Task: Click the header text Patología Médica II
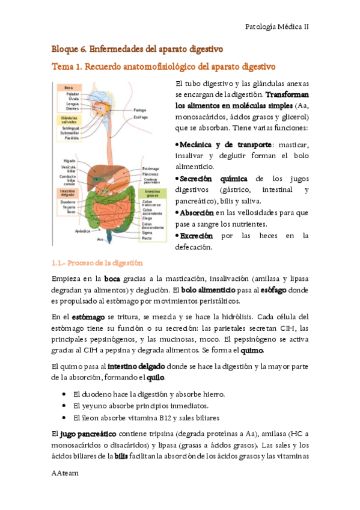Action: tap(278, 26)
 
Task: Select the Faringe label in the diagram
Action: tap(140, 110)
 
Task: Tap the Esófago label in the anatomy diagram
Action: tap(141, 117)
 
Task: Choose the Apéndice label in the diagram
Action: tap(82, 230)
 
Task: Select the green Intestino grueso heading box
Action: tap(153, 194)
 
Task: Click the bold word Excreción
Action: tap(196, 236)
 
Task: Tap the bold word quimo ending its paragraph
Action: tap(252, 350)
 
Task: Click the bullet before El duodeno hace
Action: tap(64, 394)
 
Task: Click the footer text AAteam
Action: tap(66, 474)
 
